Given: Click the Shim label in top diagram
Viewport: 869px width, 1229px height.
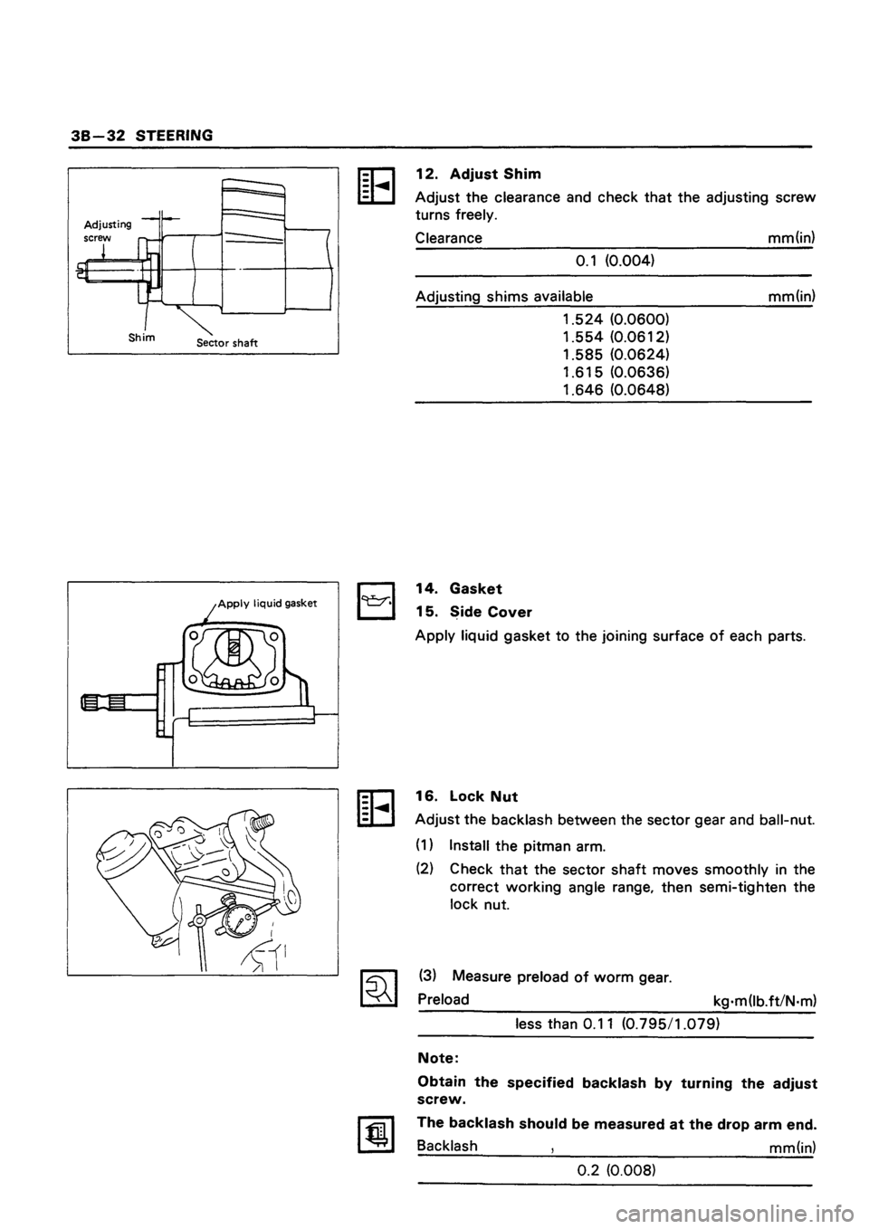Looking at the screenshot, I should click(143, 336).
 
